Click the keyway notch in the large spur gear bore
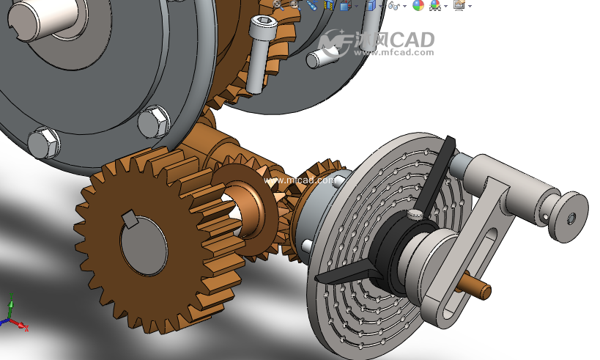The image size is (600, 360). click(x=130, y=219)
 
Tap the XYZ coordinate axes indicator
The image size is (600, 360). click(x=13, y=313)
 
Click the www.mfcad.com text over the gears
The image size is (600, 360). click(x=299, y=180)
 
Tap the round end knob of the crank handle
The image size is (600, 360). click(x=568, y=217)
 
